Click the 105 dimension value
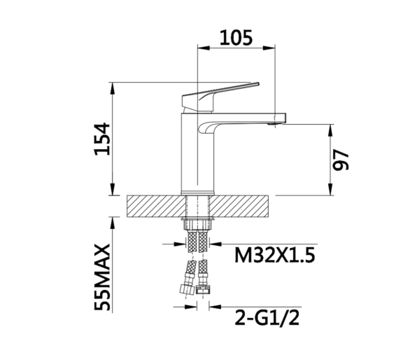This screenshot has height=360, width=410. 236,38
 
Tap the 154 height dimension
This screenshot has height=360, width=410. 102,139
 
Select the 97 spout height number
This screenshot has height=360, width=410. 341,160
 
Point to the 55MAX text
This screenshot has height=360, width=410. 102,277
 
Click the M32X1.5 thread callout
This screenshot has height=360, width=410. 275,255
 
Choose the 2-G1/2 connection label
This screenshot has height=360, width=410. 267,317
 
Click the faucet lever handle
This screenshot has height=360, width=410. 220,97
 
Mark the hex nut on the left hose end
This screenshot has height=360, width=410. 187,289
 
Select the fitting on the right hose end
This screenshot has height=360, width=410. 203,290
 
